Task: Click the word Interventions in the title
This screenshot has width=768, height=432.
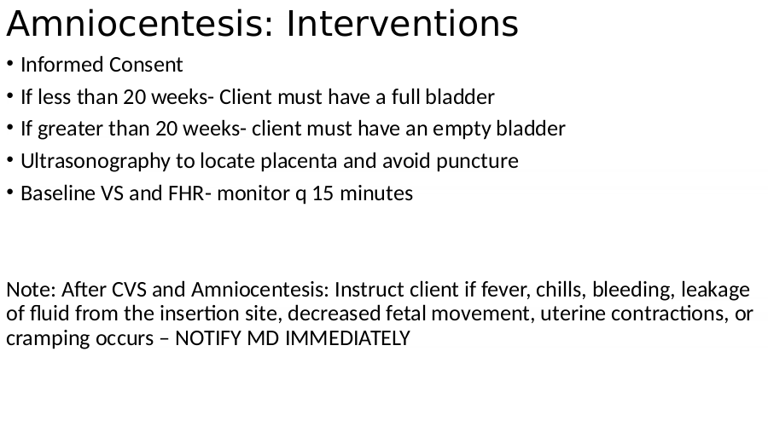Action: (402, 24)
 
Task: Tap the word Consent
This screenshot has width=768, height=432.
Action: (146, 65)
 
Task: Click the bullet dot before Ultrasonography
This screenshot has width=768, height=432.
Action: (9, 159)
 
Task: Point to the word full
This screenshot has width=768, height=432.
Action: (405, 97)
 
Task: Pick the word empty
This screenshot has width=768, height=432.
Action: (462, 130)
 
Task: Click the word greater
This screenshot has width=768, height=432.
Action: (70, 130)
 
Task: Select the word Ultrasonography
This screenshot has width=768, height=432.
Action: (95, 161)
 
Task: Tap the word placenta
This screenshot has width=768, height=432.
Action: (299, 161)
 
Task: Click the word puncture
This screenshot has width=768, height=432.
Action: (477, 161)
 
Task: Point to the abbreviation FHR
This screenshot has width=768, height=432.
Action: (186, 193)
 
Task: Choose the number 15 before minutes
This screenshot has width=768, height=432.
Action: (323, 193)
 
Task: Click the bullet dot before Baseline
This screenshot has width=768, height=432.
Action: (9, 192)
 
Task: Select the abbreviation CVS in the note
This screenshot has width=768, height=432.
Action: (129, 289)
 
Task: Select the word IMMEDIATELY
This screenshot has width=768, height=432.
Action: (347, 338)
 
